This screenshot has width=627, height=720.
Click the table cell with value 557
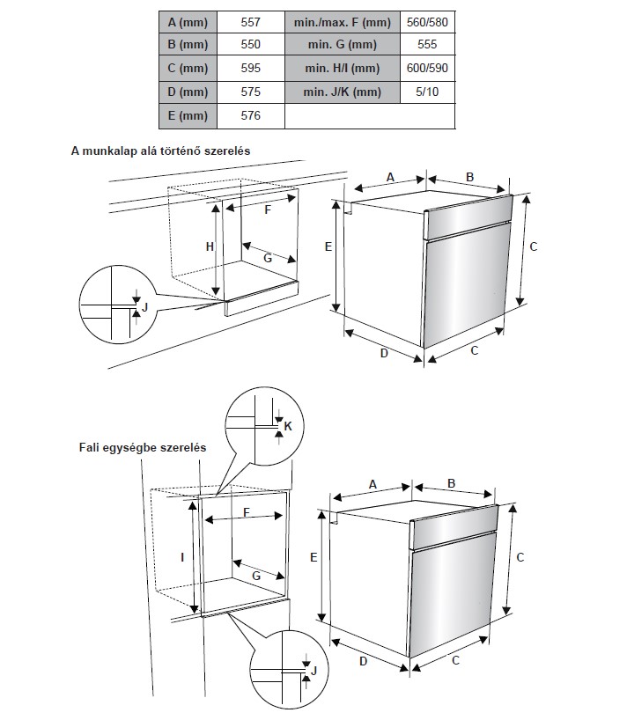pos(250,20)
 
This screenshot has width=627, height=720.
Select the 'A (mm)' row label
pos(188,20)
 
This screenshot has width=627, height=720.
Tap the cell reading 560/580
pos(426,20)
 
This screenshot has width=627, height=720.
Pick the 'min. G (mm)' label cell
pos(342,44)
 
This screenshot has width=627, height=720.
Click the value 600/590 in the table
pos(426,68)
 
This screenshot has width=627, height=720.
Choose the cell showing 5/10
pos(426,92)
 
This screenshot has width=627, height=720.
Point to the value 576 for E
pos(250,115)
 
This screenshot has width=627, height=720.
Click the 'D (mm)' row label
pos(188,92)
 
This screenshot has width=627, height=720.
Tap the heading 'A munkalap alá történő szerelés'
pos(161,151)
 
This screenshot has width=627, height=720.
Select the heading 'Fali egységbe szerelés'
pos(142,447)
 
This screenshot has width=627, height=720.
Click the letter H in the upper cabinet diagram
pos(210,247)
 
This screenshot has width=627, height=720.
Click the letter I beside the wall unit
pos(182,557)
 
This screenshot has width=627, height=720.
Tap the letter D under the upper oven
pos(384,353)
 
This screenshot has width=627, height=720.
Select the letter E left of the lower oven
pos(313,556)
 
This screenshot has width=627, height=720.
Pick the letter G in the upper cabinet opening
pos(267,257)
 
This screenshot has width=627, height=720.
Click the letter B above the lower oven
pos(451,483)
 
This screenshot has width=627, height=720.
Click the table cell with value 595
pos(250,68)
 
